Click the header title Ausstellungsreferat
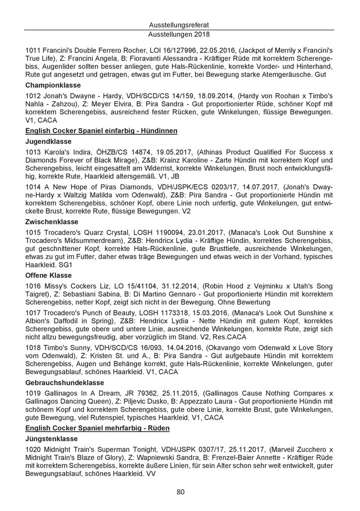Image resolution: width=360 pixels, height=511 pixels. click(x=180, y=24)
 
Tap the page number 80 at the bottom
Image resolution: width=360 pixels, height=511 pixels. click(x=180, y=492)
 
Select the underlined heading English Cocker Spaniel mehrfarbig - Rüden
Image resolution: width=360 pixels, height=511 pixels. click(x=97, y=428)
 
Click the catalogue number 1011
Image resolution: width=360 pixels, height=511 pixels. click(x=33, y=50)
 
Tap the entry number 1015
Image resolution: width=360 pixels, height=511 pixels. click(x=33, y=232)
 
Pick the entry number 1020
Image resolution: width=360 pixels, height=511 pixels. click(x=33, y=450)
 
